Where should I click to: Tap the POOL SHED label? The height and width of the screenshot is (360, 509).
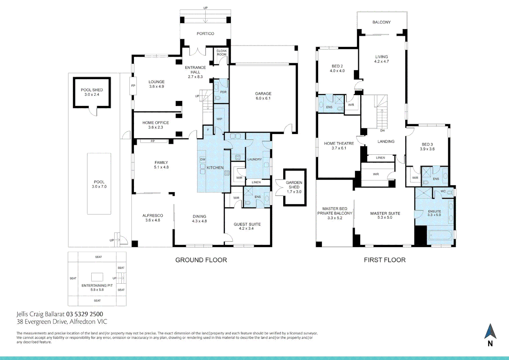click(92, 92)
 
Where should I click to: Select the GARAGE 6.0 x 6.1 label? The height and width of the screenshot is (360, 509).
click(263, 96)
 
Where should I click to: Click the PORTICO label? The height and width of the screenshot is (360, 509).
click(205, 34)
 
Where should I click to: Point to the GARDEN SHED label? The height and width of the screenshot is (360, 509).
click(294, 187)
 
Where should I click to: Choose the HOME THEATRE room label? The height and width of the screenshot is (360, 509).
click(339, 146)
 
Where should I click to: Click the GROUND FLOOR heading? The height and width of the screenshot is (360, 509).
click(201, 260)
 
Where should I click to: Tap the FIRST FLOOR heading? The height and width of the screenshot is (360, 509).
click(384, 260)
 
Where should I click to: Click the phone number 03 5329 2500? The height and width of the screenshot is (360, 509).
click(85, 314)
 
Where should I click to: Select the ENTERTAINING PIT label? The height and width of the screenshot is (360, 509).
click(97, 287)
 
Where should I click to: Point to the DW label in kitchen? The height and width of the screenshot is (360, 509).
click(203, 160)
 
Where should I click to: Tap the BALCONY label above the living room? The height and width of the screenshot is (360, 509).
click(381, 22)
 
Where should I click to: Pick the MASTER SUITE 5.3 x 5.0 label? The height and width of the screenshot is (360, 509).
click(385, 215)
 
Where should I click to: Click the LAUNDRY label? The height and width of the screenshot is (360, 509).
click(254, 159)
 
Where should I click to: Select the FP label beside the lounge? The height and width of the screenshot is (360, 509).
click(133, 86)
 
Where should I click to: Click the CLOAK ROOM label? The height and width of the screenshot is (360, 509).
click(222, 53)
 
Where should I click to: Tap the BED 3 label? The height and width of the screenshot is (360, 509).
click(427, 147)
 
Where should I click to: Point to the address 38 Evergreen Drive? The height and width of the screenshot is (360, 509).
click(62, 322)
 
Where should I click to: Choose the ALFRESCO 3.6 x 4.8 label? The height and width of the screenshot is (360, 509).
click(153, 218)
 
